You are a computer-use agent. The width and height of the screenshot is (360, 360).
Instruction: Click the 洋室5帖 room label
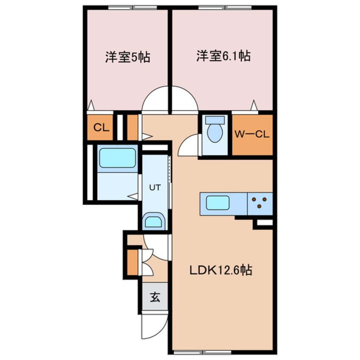point(127,57)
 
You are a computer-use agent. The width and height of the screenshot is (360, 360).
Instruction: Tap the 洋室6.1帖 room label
point(223,56)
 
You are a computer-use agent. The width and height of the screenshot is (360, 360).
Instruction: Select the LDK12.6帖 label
point(221,269)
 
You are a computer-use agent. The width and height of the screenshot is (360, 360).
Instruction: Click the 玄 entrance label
point(154,298)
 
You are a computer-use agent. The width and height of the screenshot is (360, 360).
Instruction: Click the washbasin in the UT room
point(154,222)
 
